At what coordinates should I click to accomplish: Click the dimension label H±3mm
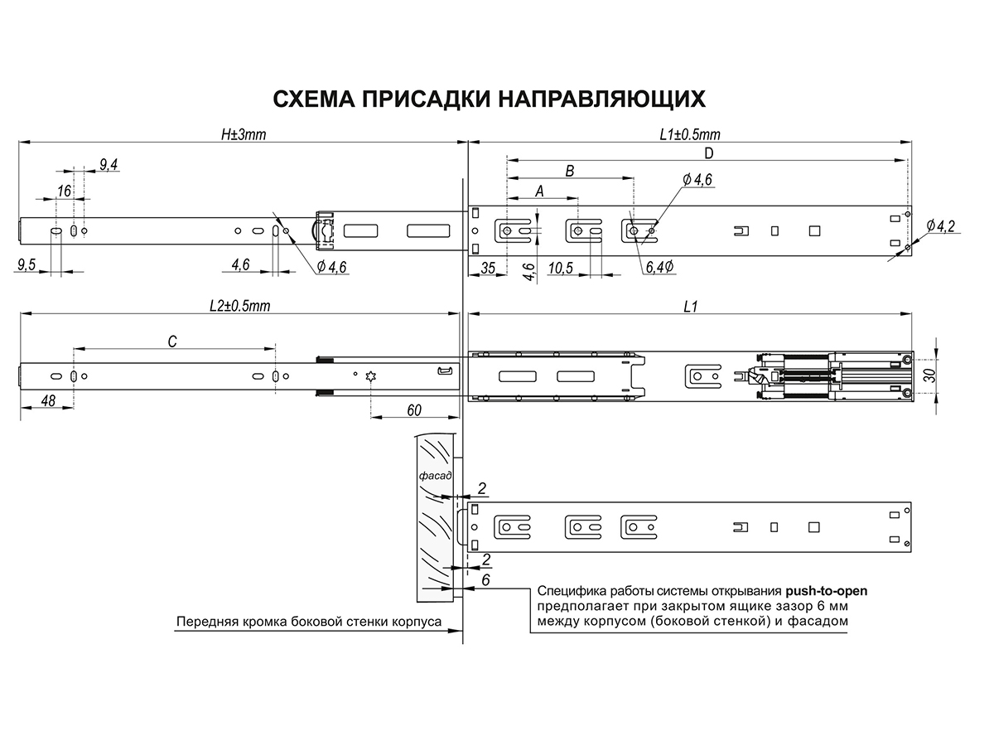click(x=243, y=134)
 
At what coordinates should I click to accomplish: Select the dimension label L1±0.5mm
click(x=690, y=134)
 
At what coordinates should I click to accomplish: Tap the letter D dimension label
click(x=708, y=153)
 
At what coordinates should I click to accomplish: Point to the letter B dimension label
click(x=569, y=171)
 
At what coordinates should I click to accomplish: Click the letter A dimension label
click(x=540, y=190)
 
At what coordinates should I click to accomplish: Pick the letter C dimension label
click(x=172, y=341)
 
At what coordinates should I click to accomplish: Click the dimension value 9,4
click(x=109, y=165)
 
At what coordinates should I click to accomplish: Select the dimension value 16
click(x=64, y=191)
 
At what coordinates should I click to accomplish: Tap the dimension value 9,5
click(x=27, y=264)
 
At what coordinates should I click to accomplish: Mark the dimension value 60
click(x=414, y=410)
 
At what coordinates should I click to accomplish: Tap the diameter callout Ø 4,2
click(x=941, y=225)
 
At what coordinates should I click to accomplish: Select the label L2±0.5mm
click(x=240, y=306)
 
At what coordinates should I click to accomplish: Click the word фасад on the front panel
click(x=434, y=477)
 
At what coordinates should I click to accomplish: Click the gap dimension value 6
click(x=485, y=580)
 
